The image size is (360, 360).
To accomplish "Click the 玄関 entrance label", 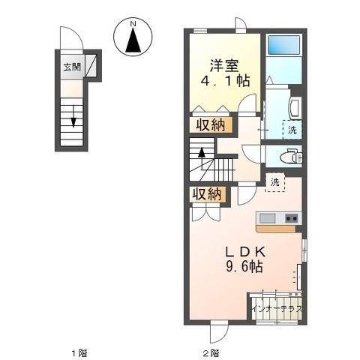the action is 72,67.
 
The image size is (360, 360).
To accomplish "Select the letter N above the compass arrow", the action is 133,24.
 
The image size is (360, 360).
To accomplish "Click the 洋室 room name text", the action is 224,65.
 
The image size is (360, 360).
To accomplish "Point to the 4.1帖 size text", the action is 226,81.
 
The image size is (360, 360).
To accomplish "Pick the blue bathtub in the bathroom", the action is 283,45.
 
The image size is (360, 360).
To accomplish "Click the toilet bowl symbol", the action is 290,156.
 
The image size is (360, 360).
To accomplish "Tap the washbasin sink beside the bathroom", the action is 294,107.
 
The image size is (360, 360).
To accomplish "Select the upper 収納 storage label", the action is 210,124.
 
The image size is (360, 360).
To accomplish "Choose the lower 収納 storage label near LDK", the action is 207,193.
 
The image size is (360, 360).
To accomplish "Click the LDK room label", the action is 245,252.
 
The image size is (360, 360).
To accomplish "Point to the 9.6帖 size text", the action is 244,266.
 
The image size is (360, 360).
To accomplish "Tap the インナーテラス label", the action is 277,309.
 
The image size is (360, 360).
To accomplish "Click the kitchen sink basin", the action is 267,219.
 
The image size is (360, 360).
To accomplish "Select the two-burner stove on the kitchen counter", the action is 292,219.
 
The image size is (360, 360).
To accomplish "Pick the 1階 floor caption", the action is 79,353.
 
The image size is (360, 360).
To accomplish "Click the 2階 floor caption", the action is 211,353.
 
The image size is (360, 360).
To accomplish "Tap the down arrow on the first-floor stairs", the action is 73,116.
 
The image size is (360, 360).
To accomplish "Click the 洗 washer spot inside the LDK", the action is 274,182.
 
